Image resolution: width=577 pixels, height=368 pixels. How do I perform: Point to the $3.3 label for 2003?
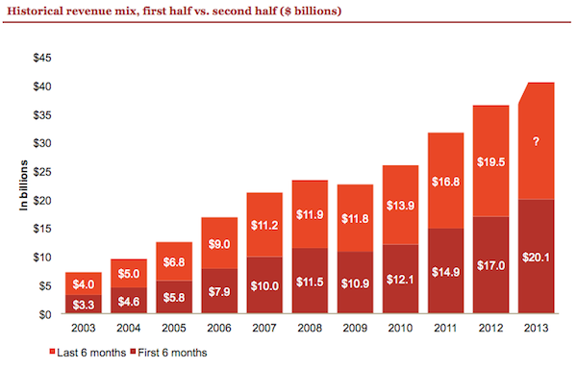click(84, 304)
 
